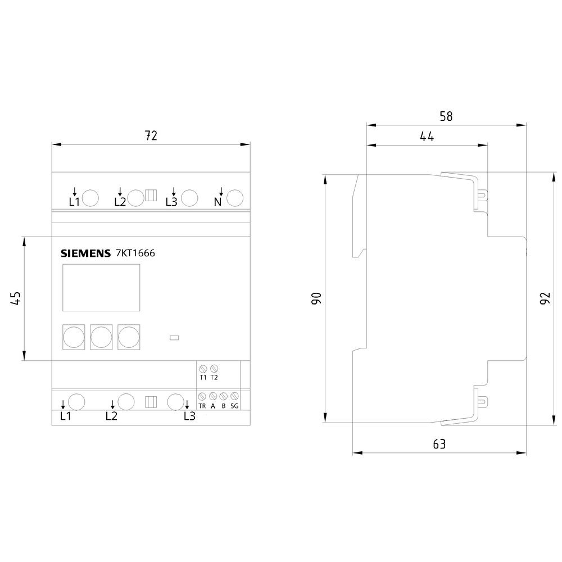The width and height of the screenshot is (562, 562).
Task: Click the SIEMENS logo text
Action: coord(85,253)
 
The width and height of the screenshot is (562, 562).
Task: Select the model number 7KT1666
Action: coord(135,253)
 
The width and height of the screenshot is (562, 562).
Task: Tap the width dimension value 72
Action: coord(151,135)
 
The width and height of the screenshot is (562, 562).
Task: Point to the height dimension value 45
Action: coord(16,298)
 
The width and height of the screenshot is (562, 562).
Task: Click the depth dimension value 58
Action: coord(446,116)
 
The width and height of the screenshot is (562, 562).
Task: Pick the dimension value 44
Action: coord(427,137)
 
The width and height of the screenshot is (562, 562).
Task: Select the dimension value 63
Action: coord(439,444)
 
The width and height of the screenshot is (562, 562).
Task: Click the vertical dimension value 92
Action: coord(545,298)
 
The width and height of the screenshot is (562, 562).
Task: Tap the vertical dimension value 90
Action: coord(316,298)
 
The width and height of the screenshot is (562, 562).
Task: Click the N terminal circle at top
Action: coord(235,198)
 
